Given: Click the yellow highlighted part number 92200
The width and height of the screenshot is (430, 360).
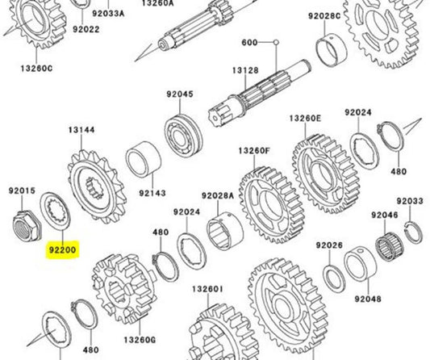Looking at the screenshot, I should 61,250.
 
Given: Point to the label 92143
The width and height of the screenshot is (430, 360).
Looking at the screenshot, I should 152,194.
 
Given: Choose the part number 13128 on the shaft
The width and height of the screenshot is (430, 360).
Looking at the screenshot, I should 246,71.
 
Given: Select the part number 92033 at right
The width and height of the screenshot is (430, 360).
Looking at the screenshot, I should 410,200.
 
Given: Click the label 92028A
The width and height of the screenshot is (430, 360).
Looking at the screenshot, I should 218,195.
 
